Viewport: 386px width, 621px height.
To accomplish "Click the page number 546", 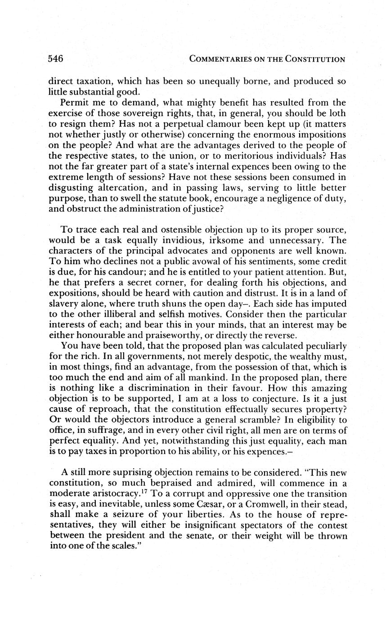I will [55, 58].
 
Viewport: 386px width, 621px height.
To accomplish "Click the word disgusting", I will [70, 187].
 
